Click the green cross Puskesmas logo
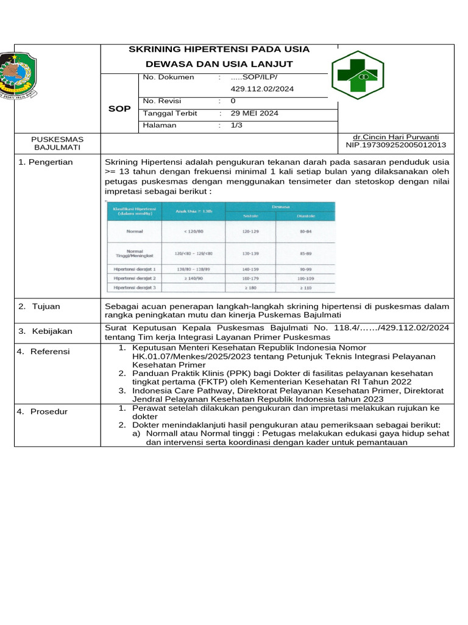[357, 75]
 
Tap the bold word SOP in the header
[119, 109]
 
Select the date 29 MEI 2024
[254, 114]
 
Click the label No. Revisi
[161, 101]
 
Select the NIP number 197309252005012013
[396, 145]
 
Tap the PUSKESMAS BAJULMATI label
[57, 143]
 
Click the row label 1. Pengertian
[45, 162]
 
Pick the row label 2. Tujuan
[39, 306]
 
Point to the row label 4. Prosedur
[43, 411]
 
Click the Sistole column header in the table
[250, 215]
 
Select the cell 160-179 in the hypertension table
[250, 278]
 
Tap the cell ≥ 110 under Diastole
[305, 287]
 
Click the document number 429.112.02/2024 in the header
[262, 89]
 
